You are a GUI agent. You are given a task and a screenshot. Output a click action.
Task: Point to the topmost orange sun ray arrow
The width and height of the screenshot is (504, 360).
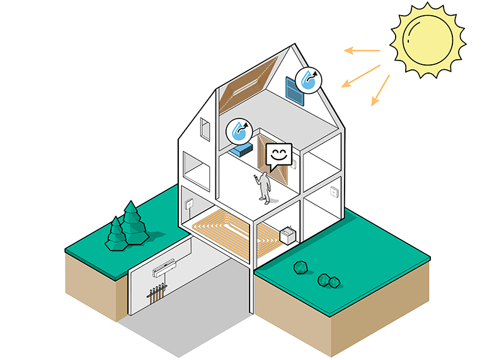coord(362,50)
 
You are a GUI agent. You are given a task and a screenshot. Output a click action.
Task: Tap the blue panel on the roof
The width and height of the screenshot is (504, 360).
coord(294,89)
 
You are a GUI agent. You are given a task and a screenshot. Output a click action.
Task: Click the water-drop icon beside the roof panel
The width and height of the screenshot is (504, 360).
coord(309,79)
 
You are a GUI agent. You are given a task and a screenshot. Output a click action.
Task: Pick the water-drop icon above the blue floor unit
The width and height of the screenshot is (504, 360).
coord(239,131)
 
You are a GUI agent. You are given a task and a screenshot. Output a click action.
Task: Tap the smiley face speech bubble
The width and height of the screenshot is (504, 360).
coord(278,156)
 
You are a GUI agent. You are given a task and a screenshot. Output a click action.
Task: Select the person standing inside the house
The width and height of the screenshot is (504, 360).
coord(265,187)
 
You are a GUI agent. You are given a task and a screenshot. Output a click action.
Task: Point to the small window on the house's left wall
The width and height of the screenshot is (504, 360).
coord(203,129)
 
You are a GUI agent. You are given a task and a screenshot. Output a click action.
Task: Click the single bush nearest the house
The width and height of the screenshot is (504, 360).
coord(301,267)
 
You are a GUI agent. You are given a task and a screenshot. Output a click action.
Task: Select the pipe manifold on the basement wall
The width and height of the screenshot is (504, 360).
coord(156,293)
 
